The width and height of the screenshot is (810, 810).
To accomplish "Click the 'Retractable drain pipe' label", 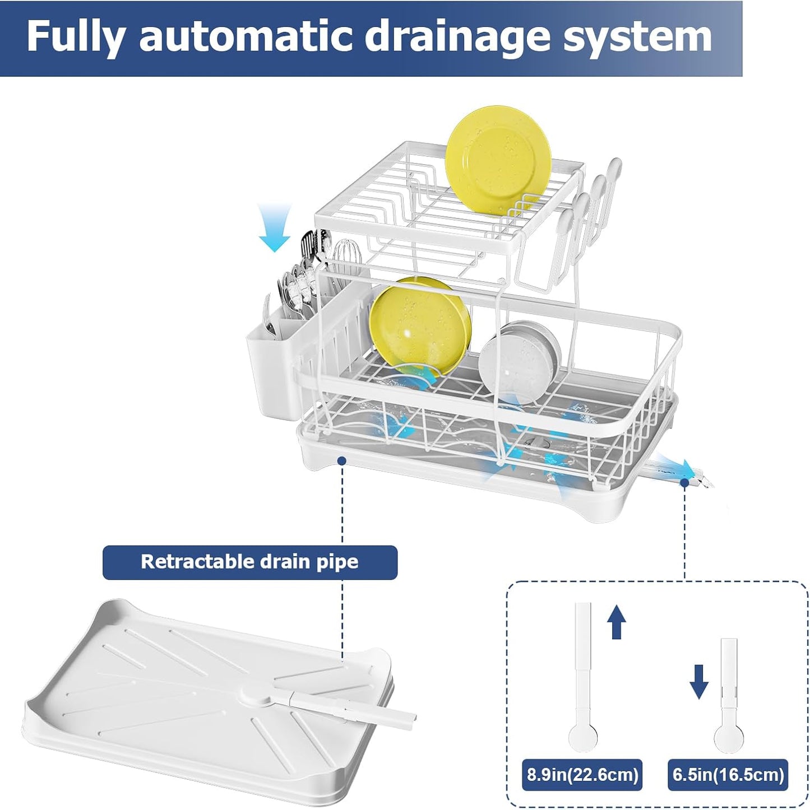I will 249,562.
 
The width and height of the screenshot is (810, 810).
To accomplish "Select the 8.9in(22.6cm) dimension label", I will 582,775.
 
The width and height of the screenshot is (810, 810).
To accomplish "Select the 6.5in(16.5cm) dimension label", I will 728,775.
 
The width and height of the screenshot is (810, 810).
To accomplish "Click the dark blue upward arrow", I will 617,621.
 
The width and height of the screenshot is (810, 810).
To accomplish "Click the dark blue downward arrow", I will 698,681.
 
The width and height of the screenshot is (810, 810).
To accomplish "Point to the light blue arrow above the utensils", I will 275,227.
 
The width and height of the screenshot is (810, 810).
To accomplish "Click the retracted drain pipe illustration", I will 728,695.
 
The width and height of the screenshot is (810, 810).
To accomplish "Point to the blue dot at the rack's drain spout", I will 684,482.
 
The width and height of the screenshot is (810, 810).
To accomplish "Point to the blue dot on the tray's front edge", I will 341,460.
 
